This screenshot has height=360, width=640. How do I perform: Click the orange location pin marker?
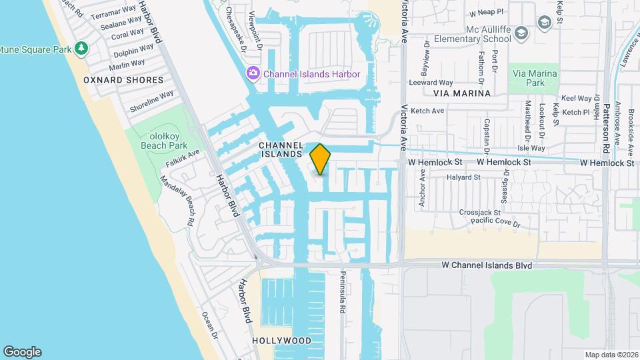point(321,159)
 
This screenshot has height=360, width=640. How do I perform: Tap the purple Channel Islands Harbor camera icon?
point(253,73)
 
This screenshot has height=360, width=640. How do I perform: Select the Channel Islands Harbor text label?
point(311,74)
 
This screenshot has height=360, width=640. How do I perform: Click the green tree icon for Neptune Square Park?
point(81,48)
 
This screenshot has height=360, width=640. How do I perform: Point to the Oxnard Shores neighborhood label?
point(123,80)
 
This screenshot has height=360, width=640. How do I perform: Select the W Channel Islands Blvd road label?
point(487,265)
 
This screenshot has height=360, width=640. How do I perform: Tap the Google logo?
point(22,352)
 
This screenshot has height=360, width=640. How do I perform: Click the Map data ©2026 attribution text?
point(611,355)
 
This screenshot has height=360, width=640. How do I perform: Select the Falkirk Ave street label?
point(184,155)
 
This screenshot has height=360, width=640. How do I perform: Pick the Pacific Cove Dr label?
point(495,221)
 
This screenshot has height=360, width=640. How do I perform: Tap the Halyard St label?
point(464,177)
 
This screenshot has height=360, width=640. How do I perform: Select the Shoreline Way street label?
point(151,101)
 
